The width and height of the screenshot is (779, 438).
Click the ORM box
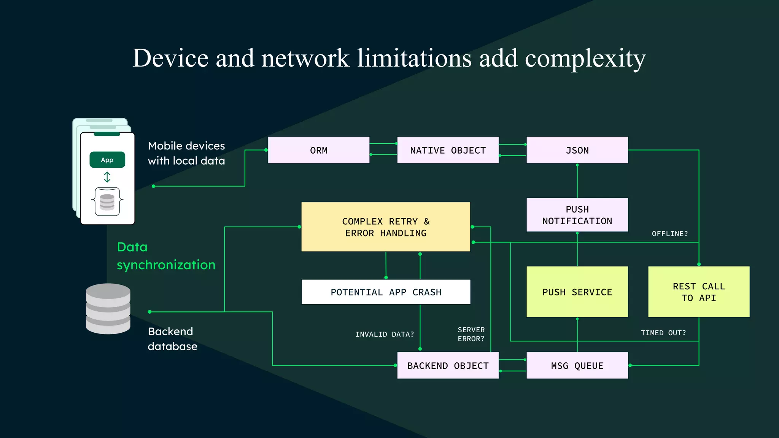(319, 150)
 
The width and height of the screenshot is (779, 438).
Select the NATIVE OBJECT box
(448, 150)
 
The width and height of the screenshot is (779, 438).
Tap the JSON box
(577, 150)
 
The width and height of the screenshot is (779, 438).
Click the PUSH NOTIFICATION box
(577, 215)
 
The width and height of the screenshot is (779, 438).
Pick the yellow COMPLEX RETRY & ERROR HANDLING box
(386, 227)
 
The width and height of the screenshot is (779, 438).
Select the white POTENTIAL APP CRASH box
(386, 292)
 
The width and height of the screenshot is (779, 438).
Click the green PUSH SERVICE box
(577, 292)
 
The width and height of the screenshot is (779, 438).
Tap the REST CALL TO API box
(699, 292)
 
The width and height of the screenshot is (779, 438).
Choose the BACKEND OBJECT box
(448, 365)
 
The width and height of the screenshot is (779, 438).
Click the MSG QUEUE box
(577, 365)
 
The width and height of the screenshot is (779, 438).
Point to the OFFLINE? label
(670, 234)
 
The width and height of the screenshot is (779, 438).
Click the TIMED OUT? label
(663, 333)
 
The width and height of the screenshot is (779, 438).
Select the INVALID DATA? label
(385, 335)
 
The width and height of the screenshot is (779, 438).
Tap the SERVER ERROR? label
(471, 334)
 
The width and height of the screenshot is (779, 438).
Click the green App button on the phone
(107, 160)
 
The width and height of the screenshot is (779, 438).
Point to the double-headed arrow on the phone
(107, 177)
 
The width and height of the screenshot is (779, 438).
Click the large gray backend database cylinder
(108, 309)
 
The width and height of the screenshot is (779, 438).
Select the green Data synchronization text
(166, 256)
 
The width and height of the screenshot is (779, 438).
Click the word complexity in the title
(585, 59)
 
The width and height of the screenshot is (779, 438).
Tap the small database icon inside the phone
(107, 202)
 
